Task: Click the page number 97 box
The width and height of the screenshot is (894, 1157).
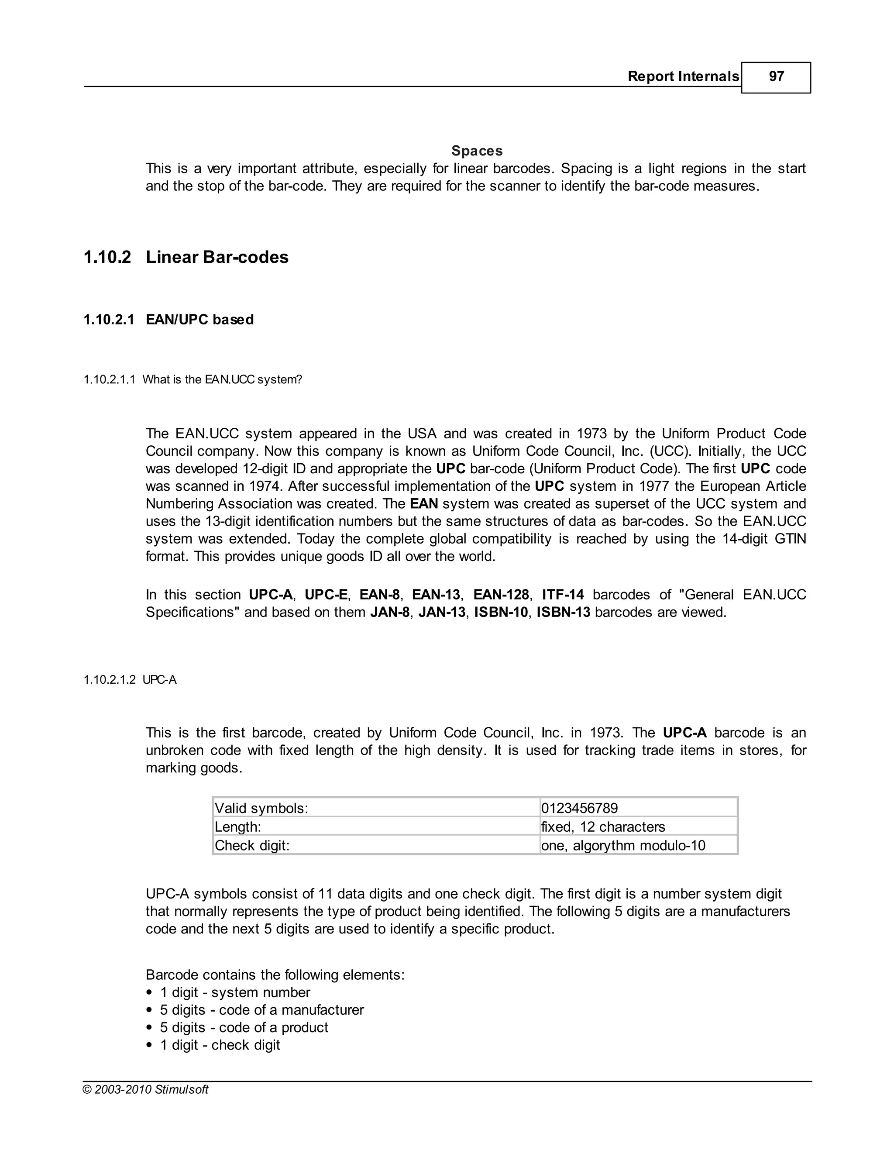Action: click(775, 77)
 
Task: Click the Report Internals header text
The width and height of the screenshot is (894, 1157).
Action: click(683, 77)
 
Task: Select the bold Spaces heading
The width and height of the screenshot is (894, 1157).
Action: click(477, 151)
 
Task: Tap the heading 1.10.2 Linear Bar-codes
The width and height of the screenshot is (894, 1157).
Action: click(186, 258)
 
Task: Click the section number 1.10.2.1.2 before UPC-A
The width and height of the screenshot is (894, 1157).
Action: click(110, 680)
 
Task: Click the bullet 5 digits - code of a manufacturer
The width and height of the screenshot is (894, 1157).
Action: click(261, 1010)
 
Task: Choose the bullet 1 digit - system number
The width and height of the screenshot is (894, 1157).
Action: click(234, 993)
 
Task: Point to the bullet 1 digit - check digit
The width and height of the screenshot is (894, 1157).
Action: click(220, 1045)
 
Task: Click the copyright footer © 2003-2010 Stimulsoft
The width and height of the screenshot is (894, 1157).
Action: click(146, 1090)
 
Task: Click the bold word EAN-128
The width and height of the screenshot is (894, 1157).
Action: click(501, 595)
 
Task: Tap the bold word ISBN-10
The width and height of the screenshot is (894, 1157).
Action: click(501, 613)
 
